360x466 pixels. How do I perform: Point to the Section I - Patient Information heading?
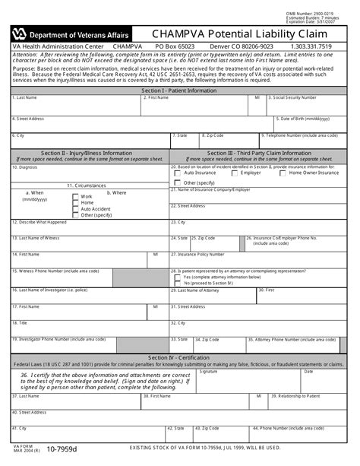pyautogui.click(x=179, y=90)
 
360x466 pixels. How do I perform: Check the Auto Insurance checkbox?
pyautogui.click(x=177, y=173)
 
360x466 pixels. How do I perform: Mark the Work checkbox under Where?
pyautogui.click(x=75, y=197)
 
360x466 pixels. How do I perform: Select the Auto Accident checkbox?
pyautogui.click(x=75, y=209)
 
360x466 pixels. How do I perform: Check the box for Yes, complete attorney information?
pyautogui.click(x=177, y=277)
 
